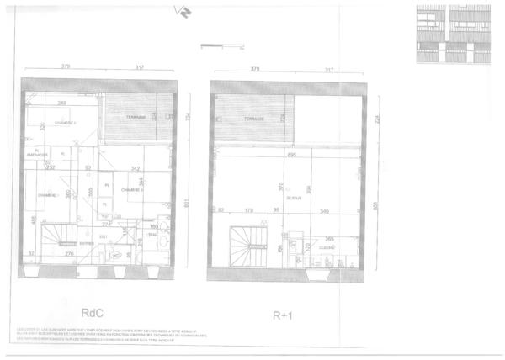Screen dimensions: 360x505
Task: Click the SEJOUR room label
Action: pyautogui.click(x=295, y=199)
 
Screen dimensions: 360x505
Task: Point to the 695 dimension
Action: pyautogui.click(x=292, y=156)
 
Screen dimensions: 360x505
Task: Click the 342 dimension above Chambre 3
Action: pyautogui.click(x=135, y=168)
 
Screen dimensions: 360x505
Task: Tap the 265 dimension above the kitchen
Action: pyautogui.click(x=330, y=239)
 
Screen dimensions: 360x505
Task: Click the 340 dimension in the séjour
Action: pyautogui.click(x=324, y=211)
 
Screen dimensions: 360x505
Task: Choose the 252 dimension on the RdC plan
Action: pyautogui.click(x=50, y=168)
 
